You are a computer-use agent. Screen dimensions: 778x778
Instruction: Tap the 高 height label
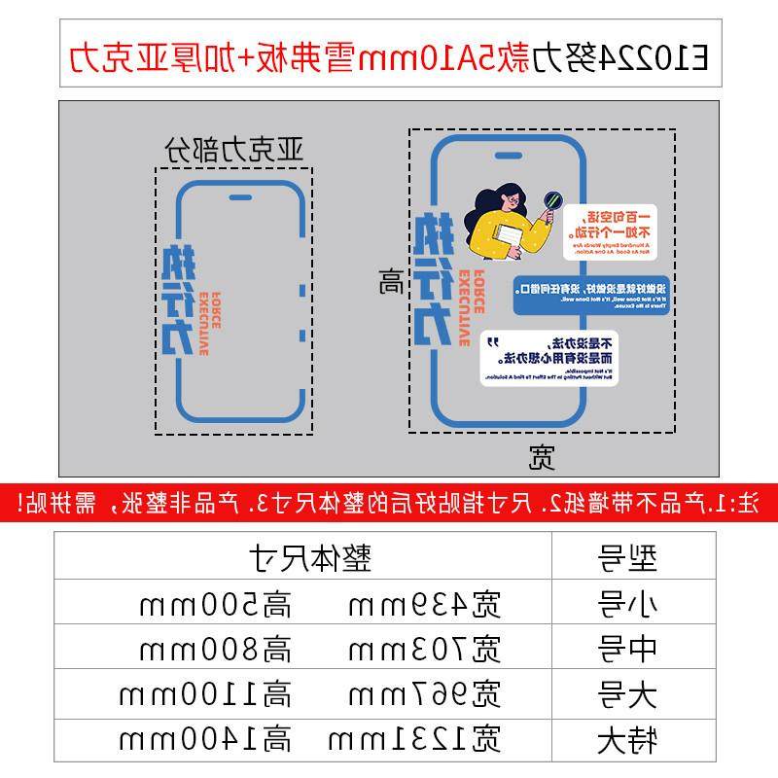(x=392, y=283)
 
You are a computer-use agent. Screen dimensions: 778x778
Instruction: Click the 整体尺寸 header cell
(x=301, y=558)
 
